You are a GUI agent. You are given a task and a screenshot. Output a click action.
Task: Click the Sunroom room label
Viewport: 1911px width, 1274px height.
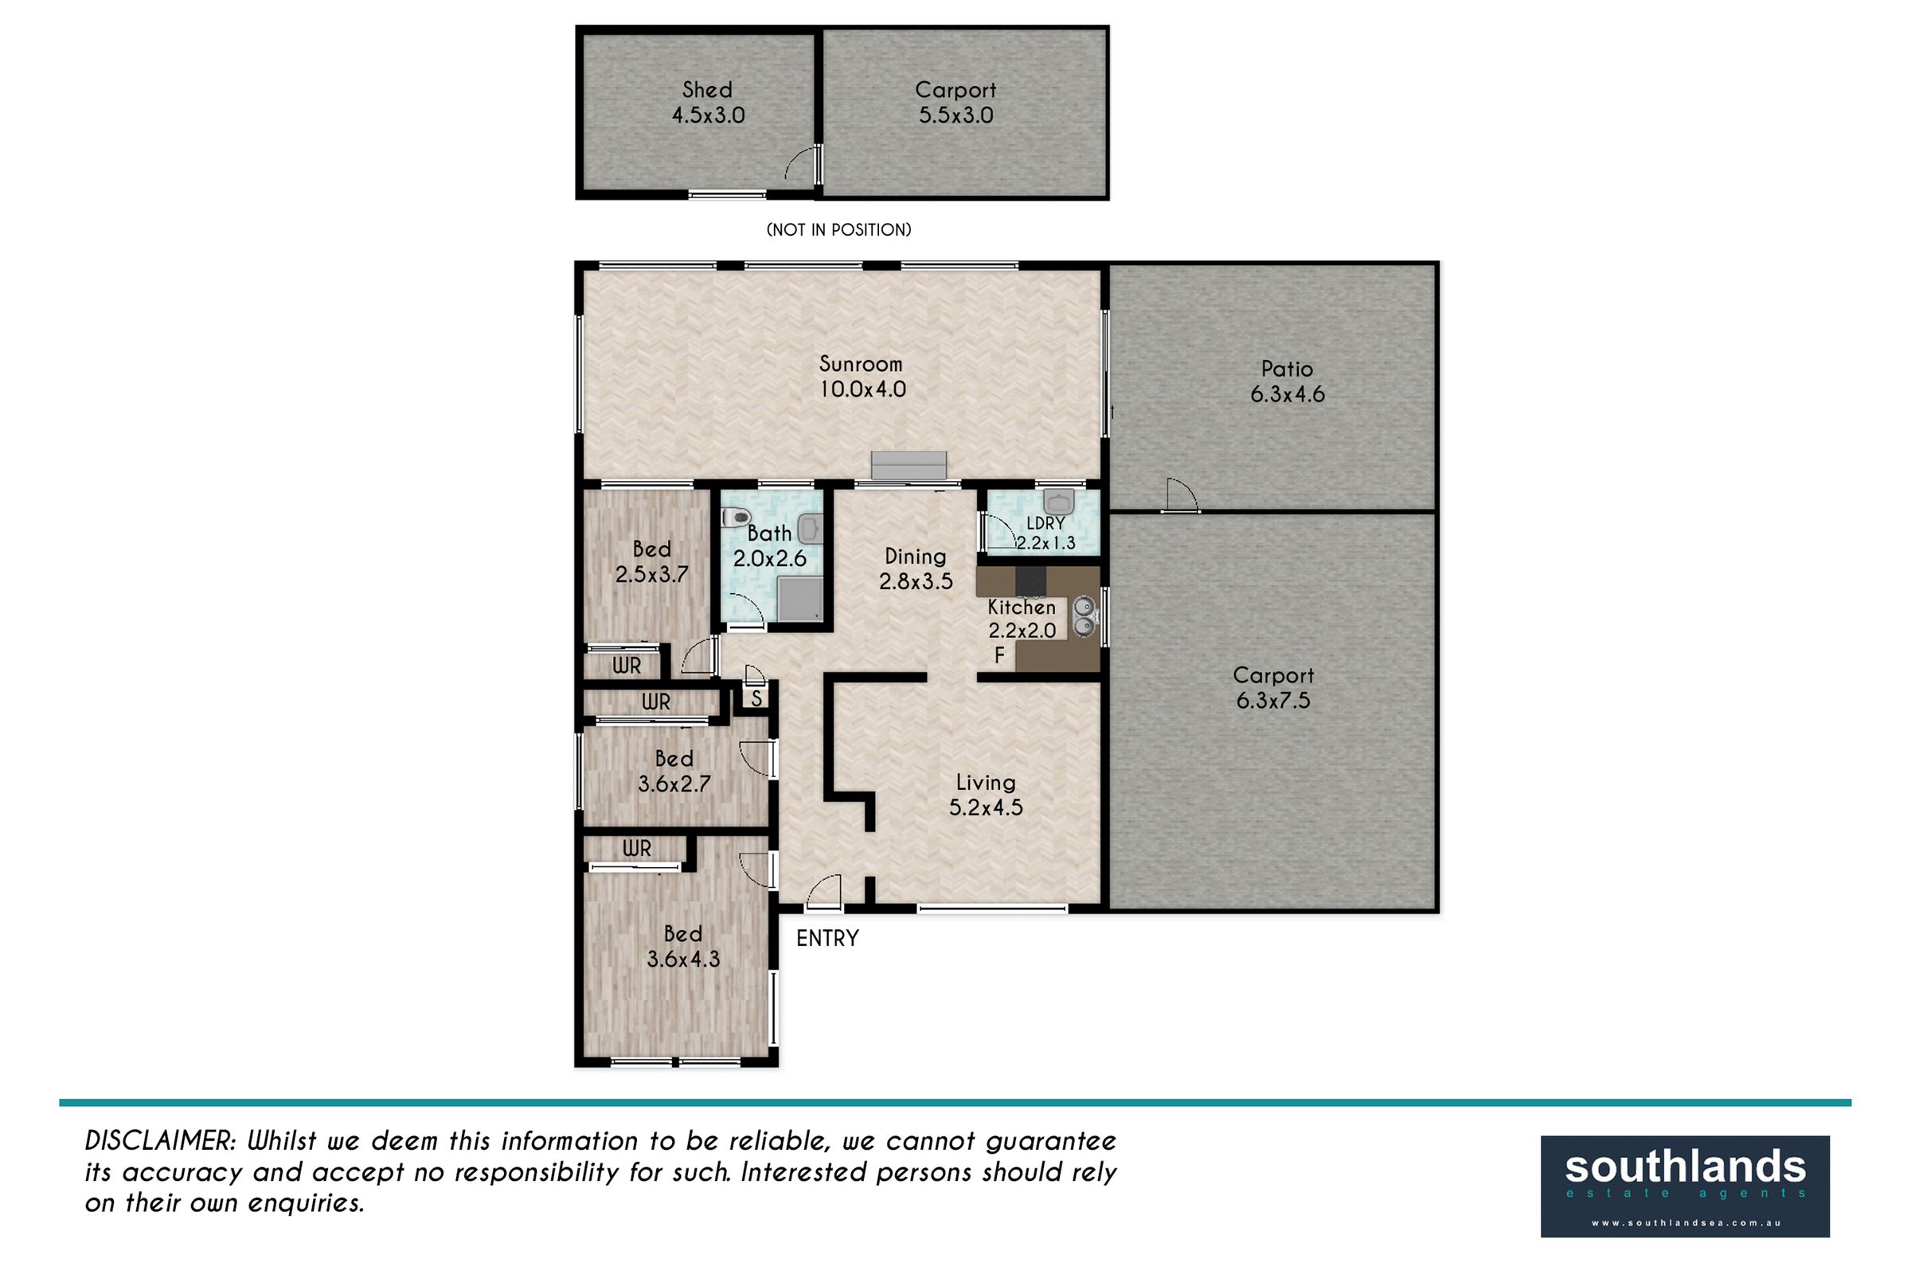click(x=861, y=363)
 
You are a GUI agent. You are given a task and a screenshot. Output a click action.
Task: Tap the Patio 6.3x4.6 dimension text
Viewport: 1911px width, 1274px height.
click(x=1287, y=394)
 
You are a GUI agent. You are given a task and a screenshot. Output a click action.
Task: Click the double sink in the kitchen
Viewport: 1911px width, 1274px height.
click(x=1084, y=615)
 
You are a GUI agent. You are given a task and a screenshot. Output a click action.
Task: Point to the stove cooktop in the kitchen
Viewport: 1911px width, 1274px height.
click(x=1031, y=582)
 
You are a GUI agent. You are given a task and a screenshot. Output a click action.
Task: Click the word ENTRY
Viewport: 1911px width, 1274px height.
click(x=827, y=939)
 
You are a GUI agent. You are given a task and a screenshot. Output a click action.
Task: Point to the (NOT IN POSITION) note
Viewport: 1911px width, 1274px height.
click(x=838, y=230)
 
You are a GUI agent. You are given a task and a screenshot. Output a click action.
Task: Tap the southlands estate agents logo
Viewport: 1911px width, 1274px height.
click(x=1685, y=1186)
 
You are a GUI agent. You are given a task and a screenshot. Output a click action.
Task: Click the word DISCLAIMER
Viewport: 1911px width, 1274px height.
click(x=160, y=1141)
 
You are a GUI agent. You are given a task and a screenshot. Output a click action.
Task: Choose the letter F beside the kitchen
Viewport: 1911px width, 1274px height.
click(x=999, y=655)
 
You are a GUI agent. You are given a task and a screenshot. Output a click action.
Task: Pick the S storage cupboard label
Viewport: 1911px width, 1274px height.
click(x=756, y=698)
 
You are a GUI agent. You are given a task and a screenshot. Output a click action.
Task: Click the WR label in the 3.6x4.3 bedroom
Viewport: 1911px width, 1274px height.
click(x=637, y=849)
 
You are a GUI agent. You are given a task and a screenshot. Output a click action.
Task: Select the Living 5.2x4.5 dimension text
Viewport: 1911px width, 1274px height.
click(x=986, y=807)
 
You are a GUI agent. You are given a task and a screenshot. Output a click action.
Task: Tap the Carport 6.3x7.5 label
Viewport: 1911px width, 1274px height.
click(x=1273, y=687)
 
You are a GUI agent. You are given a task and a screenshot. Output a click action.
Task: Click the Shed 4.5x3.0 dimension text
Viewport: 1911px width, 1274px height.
click(x=708, y=115)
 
